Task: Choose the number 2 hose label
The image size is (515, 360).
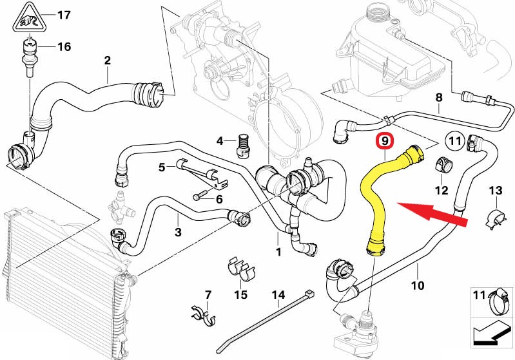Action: (108, 61)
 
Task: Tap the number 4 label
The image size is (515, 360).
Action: (220, 140)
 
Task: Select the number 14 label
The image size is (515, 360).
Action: (278, 296)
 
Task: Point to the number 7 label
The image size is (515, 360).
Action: (208, 295)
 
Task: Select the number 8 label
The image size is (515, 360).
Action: (439, 98)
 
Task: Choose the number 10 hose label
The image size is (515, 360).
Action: (417, 285)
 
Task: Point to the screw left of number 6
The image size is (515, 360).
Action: (200, 196)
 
